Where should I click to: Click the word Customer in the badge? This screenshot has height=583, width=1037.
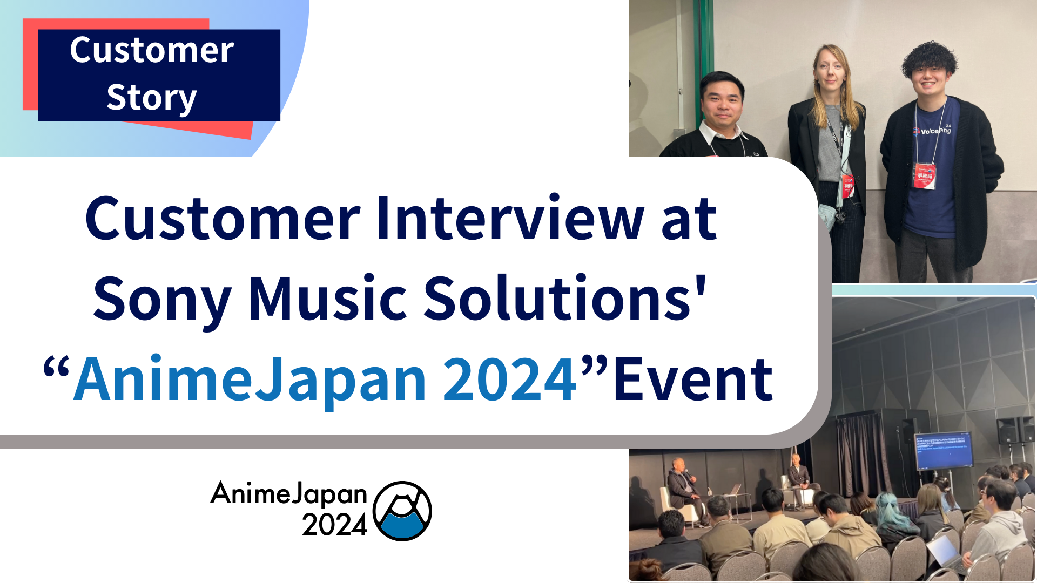click(x=152, y=50)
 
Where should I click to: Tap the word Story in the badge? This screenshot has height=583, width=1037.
click(x=152, y=98)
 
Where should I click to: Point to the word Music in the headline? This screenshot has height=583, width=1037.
click(x=327, y=299)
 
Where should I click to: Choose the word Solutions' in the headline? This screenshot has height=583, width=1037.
click(x=564, y=299)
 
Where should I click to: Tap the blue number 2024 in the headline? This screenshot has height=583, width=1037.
click(x=510, y=379)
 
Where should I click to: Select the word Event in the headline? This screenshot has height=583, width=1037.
click(x=693, y=379)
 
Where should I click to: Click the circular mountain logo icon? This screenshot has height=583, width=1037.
click(x=402, y=511)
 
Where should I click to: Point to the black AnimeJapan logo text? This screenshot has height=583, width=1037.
click(x=289, y=493)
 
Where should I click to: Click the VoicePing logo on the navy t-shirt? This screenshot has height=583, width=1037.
click(x=932, y=131)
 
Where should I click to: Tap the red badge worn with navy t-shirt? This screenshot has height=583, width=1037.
click(x=925, y=176)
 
